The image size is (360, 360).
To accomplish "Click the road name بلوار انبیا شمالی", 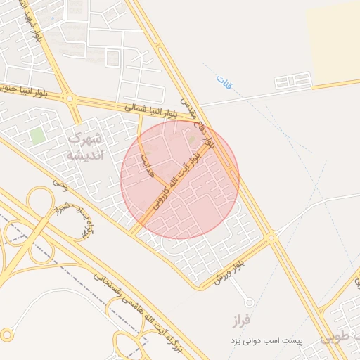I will [x=153, y=108].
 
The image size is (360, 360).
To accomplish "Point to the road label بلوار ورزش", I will [x=231, y=273].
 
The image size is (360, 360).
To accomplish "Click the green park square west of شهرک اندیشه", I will [x=37, y=136].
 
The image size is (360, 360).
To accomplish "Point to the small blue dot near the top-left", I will [x=53, y=12].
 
